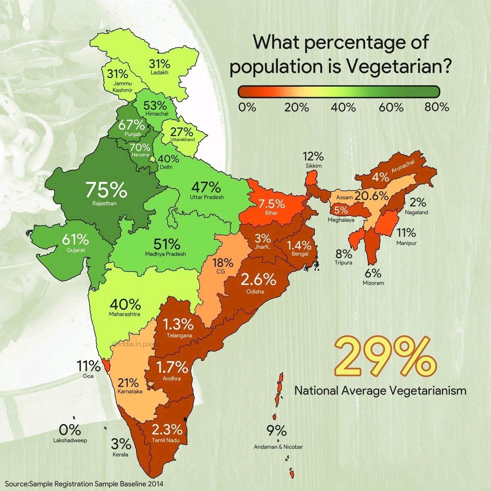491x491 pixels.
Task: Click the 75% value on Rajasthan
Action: [x=106, y=190]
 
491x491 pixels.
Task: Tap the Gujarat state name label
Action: [x=75, y=249]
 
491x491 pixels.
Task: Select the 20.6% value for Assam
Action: [x=371, y=196]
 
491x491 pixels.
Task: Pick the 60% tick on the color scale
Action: [x=391, y=108]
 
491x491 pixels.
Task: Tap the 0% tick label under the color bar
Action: [x=247, y=108]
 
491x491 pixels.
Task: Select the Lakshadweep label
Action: [x=70, y=441]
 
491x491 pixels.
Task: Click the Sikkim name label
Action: [x=313, y=166]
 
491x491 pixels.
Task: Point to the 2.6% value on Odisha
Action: [x=258, y=280]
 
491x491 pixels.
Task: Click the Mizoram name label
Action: [x=373, y=283]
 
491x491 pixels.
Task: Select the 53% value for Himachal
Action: [x=155, y=105]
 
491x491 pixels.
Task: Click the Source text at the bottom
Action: [x=84, y=484]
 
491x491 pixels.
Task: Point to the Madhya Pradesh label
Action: [x=165, y=254]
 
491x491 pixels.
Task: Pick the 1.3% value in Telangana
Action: [x=178, y=325]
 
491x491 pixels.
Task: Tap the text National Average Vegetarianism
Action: [x=380, y=391]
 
